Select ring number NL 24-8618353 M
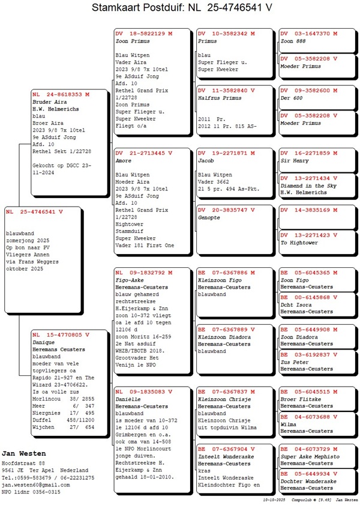pyautogui.click(x=61, y=94)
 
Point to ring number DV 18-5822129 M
pyautogui.click(x=143, y=34)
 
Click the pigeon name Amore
pyautogui.click(x=124, y=161)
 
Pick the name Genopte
pyautogui.click(x=209, y=217)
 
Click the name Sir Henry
pyautogui.click(x=293, y=161)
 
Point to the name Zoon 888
pyautogui.click(x=293, y=41)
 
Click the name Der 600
pyautogui.click(x=292, y=97)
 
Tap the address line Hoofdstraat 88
pyautogui.click(x=23, y=463)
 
